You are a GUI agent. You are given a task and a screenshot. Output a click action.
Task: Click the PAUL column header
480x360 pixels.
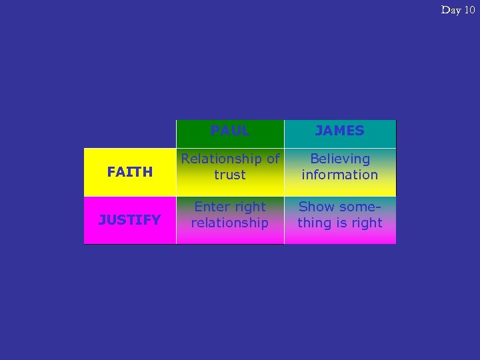[x=230, y=131]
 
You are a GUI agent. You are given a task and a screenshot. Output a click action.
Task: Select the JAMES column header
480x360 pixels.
[x=340, y=131]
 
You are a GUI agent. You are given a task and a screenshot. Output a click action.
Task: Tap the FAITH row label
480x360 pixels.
[x=130, y=172]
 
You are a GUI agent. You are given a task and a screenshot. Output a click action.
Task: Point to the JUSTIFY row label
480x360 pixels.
[x=130, y=219]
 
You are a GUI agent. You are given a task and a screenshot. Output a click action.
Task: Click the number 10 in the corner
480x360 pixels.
[x=469, y=9]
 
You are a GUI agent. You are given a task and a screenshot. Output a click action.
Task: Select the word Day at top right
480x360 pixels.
[x=451, y=9]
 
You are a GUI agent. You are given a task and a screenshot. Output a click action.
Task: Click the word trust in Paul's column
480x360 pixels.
[x=230, y=175]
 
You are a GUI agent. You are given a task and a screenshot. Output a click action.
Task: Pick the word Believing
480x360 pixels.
[x=340, y=159]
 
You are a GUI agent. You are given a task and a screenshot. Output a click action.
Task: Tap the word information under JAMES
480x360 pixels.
[x=340, y=175]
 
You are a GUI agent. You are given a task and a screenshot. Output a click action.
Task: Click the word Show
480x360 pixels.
[x=316, y=207]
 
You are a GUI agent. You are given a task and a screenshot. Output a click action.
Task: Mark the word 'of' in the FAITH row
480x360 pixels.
[x=273, y=159]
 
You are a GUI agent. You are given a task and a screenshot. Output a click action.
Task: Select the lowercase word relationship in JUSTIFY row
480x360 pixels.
[x=230, y=223]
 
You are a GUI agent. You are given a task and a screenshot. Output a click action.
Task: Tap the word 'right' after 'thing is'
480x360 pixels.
[x=366, y=223]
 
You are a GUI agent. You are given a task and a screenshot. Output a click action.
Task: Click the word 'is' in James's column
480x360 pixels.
[x=341, y=223]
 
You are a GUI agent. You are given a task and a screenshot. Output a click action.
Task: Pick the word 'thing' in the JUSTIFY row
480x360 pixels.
[x=315, y=223]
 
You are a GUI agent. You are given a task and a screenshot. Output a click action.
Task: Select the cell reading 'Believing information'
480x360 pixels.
[x=340, y=167]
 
